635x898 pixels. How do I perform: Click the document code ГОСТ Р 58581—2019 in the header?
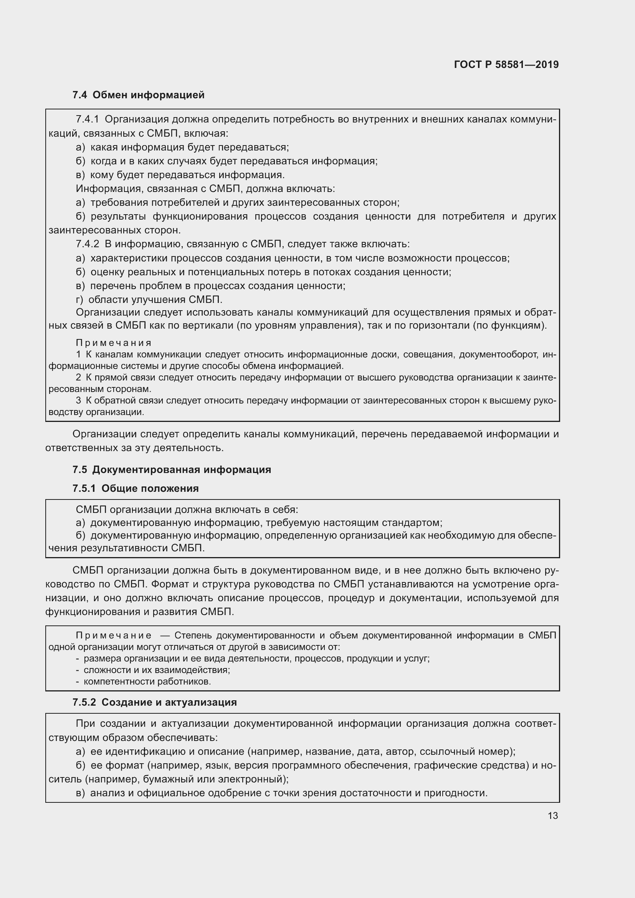click(x=506, y=64)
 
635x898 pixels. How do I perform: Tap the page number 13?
click(x=552, y=815)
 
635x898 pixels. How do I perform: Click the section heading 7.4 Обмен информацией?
click(x=139, y=95)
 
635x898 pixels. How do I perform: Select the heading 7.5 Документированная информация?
click(x=172, y=469)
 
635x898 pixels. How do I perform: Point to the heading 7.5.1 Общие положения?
click(x=135, y=488)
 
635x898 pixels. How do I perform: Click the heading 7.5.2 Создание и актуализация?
click(x=154, y=702)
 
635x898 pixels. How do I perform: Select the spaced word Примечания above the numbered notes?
click(x=113, y=343)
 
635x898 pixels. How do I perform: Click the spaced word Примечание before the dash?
click(x=113, y=635)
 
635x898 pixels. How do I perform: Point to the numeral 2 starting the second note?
click(x=79, y=377)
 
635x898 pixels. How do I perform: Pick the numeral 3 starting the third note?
click(x=79, y=400)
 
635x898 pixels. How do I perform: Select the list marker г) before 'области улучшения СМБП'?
click(x=79, y=300)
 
